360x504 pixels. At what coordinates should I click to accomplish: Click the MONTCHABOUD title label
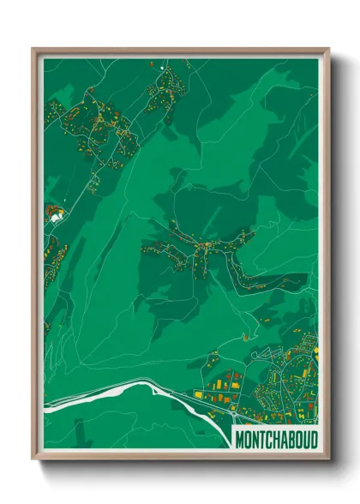[x=275, y=438]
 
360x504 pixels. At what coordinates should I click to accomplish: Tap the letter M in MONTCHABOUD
[x=240, y=438]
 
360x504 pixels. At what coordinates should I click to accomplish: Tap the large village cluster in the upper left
[x=94, y=120]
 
